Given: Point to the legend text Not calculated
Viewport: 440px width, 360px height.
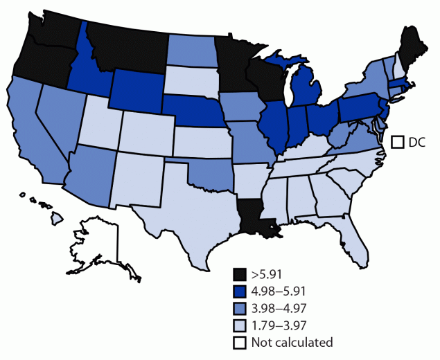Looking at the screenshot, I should (293, 342).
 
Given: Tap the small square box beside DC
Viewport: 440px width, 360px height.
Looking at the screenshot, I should (398, 143).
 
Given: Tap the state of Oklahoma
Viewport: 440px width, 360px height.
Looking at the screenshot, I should (208, 172).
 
